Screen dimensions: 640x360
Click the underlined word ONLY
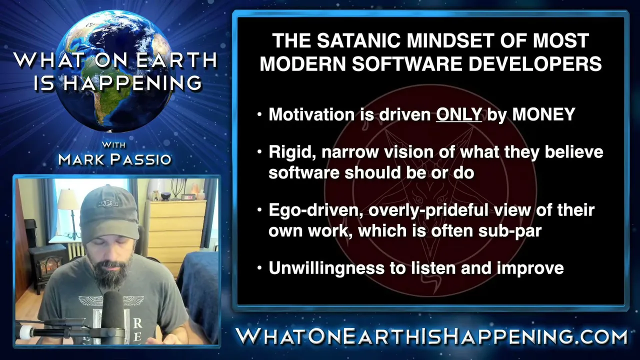[459, 114]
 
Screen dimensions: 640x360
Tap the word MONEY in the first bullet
[543, 114]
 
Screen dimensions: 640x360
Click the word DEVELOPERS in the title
[535, 63]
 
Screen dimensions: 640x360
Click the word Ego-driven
[316, 210]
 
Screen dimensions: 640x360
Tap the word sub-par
[510, 231]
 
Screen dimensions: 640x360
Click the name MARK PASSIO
[114, 159]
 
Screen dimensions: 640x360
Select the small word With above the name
[113, 145]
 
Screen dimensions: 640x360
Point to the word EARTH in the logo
[177, 60]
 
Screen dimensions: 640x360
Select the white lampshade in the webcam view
[68, 199]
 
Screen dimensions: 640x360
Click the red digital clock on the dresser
[188, 197]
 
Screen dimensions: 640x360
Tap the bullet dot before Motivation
[259, 114]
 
